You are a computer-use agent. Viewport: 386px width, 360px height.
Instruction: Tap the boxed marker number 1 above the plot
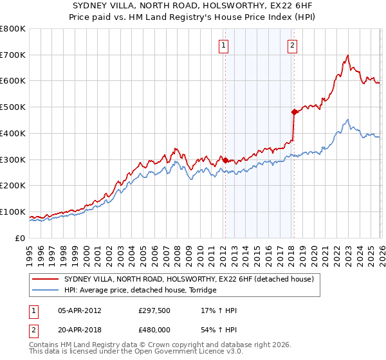[x=223, y=45]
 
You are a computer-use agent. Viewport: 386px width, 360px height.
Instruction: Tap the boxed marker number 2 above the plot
[x=292, y=45]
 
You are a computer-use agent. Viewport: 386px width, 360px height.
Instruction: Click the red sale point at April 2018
[x=294, y=112]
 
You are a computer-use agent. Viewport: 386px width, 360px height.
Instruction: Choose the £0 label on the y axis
[x=20, y=238]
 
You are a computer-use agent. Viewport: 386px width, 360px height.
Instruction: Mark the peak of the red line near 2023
[x=347, y=55]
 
